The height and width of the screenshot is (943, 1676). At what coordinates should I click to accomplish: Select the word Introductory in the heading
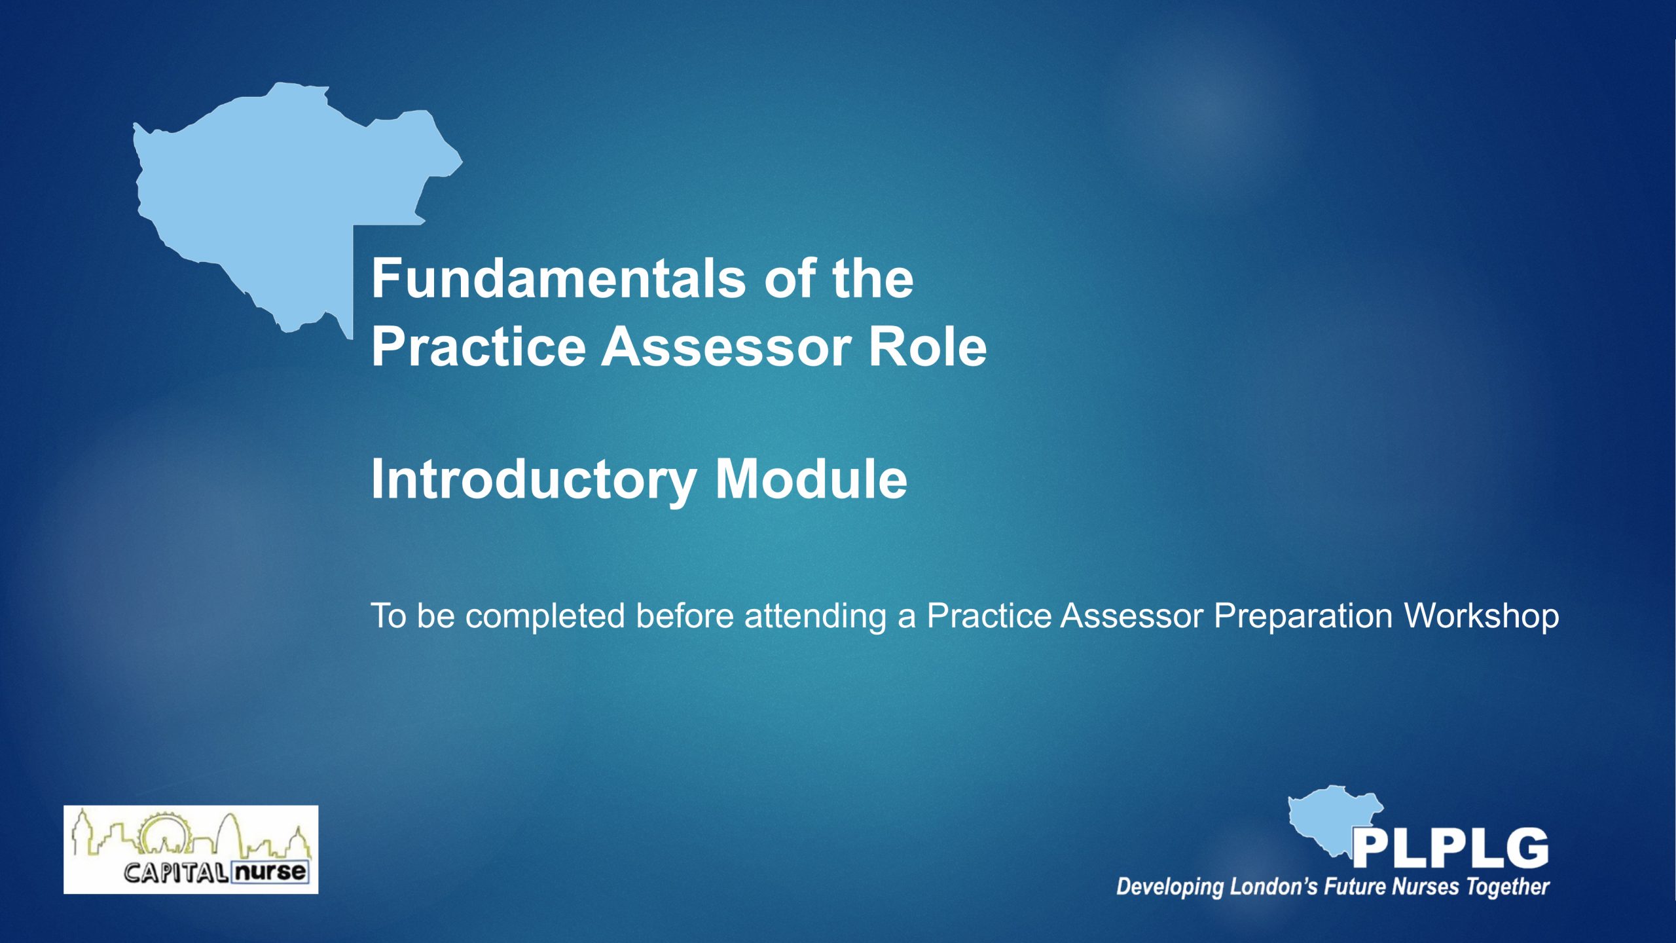534,480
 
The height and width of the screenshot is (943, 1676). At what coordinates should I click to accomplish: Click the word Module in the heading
811,479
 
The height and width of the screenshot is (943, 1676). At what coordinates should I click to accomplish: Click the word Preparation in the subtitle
1303,616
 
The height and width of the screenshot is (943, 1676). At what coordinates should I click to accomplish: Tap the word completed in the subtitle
545,616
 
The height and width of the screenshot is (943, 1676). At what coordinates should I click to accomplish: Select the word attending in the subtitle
815,616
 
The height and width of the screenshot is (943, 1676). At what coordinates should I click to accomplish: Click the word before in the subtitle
685,616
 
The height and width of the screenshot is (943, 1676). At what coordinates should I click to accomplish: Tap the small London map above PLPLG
1329,819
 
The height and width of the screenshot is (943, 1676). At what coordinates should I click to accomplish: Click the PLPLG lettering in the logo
1450,848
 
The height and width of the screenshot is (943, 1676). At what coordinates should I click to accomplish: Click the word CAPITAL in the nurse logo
176,872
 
